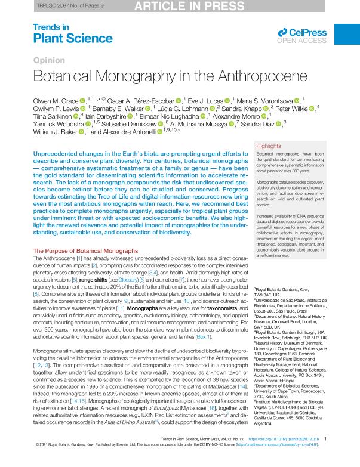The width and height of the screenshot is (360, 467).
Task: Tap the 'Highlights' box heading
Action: click(268, 146)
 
